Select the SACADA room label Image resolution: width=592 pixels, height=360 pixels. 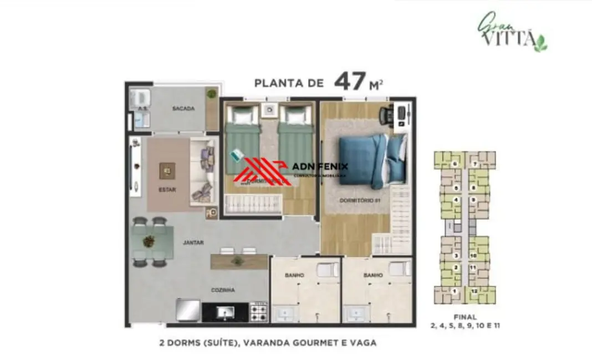pyautogui.click(x=183, y=109)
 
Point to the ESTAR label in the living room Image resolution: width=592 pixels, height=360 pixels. pyautogui.click(x=167, y=189)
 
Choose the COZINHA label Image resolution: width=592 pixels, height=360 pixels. pyautogui.click(x=223, y=290)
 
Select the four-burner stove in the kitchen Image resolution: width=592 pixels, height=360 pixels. pyautogui.click(x=259, y=311)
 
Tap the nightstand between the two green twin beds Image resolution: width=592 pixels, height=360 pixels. pyautogui.click(x=269, y=110)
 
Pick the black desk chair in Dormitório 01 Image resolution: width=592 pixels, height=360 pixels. pyautogui.click(x=386, y=115)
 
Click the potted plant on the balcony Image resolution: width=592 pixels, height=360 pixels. pyautogui.click(x=211, y=94)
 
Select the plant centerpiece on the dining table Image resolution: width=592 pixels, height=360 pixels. pyautogui.click(x=149, y=241)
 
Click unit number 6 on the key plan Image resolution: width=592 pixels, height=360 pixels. pyautogui.click(x=455, y=164)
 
